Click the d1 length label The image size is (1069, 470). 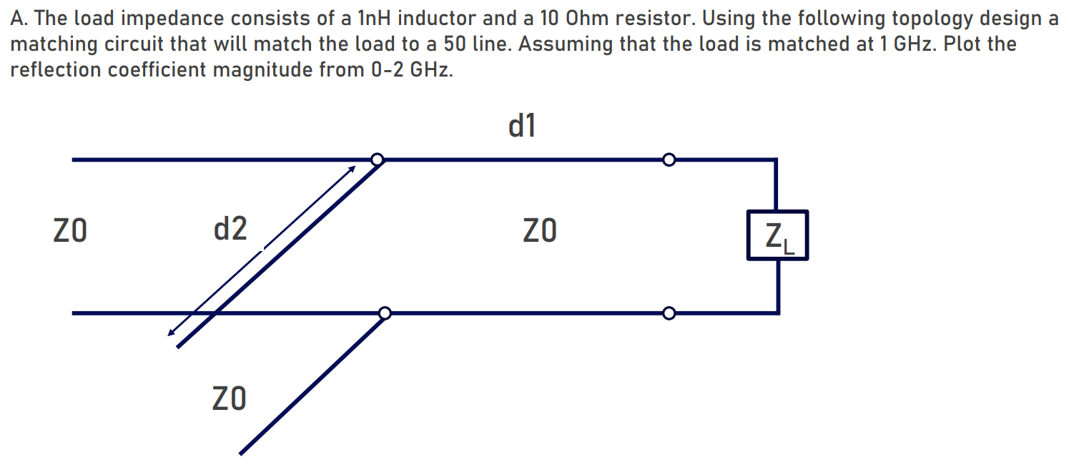pos(522,127)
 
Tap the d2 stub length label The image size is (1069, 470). pos(230,229)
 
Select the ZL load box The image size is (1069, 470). pos(777,235)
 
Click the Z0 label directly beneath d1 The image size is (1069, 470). pos(539,231)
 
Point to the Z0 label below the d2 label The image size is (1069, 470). pos(230,398)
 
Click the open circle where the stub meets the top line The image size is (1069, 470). pos(378,159)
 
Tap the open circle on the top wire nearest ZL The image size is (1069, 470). pos(669,159)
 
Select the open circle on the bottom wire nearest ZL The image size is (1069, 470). pos(669,313)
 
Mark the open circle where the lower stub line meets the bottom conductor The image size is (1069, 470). pos(385,313)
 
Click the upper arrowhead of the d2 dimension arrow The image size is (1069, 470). pos(352,169)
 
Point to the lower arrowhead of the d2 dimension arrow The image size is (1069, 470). pos(170,333)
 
